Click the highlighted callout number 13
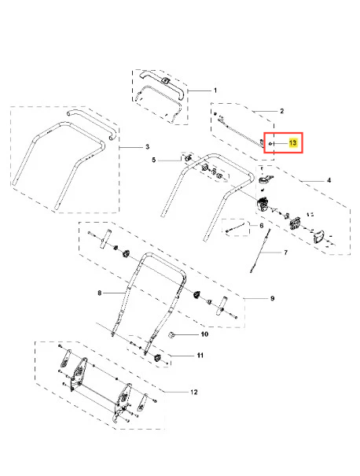pos(292,142)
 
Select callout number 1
pos(215,90)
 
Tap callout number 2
pos(281,111)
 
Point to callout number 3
pos(148,147)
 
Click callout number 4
pos(329,180)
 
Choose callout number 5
pos(154,160)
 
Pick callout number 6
pos(262,226)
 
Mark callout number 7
pos(285,253)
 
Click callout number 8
pos(100,293)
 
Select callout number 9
pos(272,298)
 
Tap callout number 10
pos(204,334)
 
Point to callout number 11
pos(200,355)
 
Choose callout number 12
pos(194,392)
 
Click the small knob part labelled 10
pos(171,335)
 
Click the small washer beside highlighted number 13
pos(270,143)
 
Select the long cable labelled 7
pos(260,251)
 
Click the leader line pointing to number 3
pos(131,147)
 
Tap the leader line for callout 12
pos(176,392)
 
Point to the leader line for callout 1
pos(200,90)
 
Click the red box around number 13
pos(283,133)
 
